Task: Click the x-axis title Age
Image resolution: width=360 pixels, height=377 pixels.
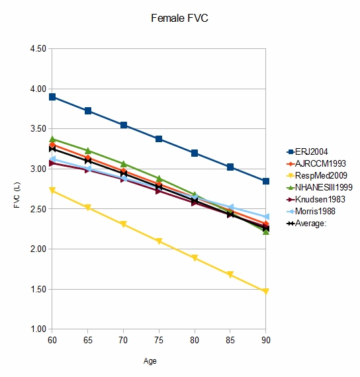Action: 151,361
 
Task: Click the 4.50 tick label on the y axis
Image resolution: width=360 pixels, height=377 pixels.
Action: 38,49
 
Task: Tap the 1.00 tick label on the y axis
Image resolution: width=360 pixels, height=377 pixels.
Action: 38,329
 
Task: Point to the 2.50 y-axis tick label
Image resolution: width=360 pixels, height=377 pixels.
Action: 38,209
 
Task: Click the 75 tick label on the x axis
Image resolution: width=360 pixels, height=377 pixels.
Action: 159,339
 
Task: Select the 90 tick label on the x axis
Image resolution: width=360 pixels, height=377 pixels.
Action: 265,339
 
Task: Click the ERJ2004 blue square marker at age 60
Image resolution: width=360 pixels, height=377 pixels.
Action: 52,97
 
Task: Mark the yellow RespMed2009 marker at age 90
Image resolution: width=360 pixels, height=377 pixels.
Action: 265,291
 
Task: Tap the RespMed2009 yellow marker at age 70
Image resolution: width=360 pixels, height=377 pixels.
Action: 123,224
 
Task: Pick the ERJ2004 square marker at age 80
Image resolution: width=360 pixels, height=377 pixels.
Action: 195,153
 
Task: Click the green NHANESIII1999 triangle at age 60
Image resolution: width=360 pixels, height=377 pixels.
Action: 52,139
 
